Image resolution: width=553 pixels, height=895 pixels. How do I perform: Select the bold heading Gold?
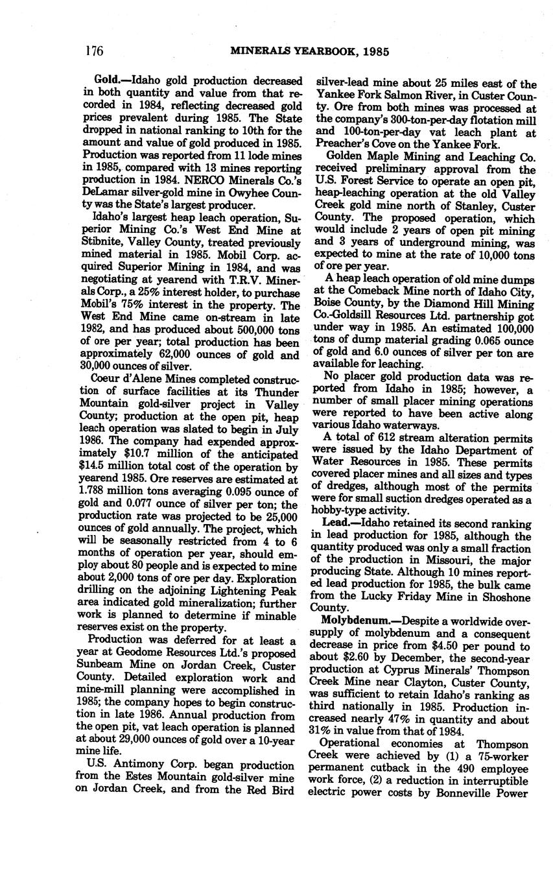(x=107, y=81)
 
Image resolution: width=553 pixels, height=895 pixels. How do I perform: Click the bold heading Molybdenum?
(x=353, y=622)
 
